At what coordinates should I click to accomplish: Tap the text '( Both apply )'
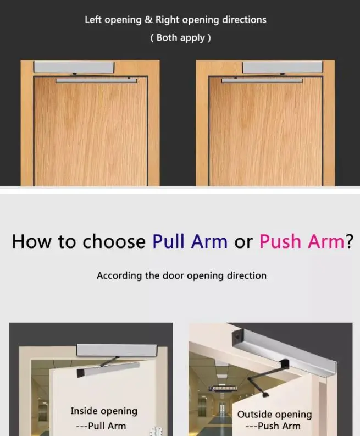pos(180,38)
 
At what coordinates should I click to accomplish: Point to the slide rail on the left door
pos(96,80)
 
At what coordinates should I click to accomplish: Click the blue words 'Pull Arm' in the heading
pos(190,242)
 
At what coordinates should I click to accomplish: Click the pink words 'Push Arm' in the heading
pos(302,242)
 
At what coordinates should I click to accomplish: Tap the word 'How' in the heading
pos(34,242)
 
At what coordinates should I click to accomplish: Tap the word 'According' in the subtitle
pos(119,275)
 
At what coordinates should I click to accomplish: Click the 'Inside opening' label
pos(104,411)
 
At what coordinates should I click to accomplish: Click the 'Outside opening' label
pos(274,414)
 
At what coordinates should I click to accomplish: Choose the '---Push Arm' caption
pos(273,426)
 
